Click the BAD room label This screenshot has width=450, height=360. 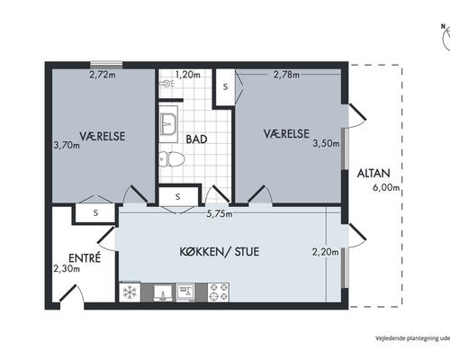pyautogui.click(x=196, y=139)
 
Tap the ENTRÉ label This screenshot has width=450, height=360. pyautogui.click(x=85, y=258)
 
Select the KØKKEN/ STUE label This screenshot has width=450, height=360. pyautogui.click(x=220, y=251)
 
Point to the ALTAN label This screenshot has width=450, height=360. pyautogui.click(x=373, y=174)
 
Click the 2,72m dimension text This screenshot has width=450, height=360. pyautogui.click(x=103, y=75)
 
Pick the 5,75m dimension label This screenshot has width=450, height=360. pyautogui.click(x=220, y=214)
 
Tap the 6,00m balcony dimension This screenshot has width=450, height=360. pyautogui.click(x=386, y=188)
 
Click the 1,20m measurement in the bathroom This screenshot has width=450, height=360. pyautogui.click(x=188, y=75)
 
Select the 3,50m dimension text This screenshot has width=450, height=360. pyautogui.click(x=326, y=143)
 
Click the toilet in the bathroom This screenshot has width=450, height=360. pyautogui.click(x=171, y=159)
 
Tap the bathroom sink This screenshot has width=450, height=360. pyautogui.click(x=168, y=123)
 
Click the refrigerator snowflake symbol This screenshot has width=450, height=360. pyautogui.click(x=130, y=292)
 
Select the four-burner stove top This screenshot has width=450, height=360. pyautogui.click(x=219, y=292)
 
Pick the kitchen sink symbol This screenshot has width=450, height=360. pyautogui.click(x=163, y=292)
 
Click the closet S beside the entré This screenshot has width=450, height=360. pyautogui.click(x=95, y=213)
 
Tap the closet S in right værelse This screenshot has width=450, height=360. pyautogui.click(x=225, y=86)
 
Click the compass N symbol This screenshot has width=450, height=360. pyautogui.click(x=443, y=26)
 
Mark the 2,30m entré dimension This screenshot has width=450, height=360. pyautogui.click(x=67, y=268)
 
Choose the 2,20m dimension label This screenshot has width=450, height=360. pyautogui.click(x=326, y=252)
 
